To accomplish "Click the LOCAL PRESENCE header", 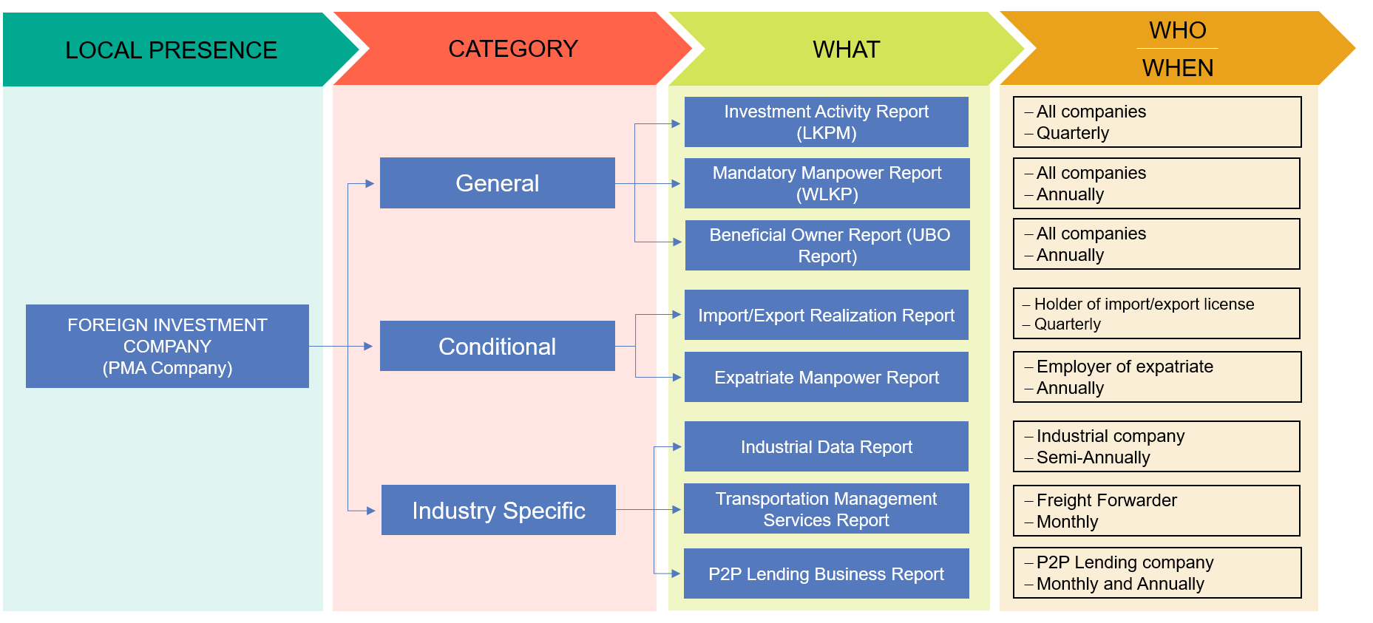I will click(171, 50).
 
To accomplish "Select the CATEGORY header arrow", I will click(512, 49).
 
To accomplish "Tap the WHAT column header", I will click(846, 50).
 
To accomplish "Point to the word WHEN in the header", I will click(1177, 68).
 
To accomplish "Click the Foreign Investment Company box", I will click(167, 346).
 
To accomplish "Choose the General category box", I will click(497, 183).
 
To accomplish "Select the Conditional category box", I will click(497, 346).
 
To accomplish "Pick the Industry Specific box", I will click(498, 510).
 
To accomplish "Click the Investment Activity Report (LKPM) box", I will click(826, 122).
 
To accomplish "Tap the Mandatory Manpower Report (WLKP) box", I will click(827, 183).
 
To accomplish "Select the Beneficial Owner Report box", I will click(827, 245).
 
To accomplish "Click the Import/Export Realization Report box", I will click(826, 315).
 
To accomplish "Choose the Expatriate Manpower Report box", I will click(826, 377).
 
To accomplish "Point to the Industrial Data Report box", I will click(826, 446).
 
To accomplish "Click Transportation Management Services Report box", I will click(826, 508).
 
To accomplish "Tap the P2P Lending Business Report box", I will click(826, 573).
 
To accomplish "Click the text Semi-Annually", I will click(1093, 457).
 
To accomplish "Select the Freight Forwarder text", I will click(1106, 500).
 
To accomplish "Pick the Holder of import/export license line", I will click(1144, 304).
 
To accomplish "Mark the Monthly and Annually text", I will click(1120, 584).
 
